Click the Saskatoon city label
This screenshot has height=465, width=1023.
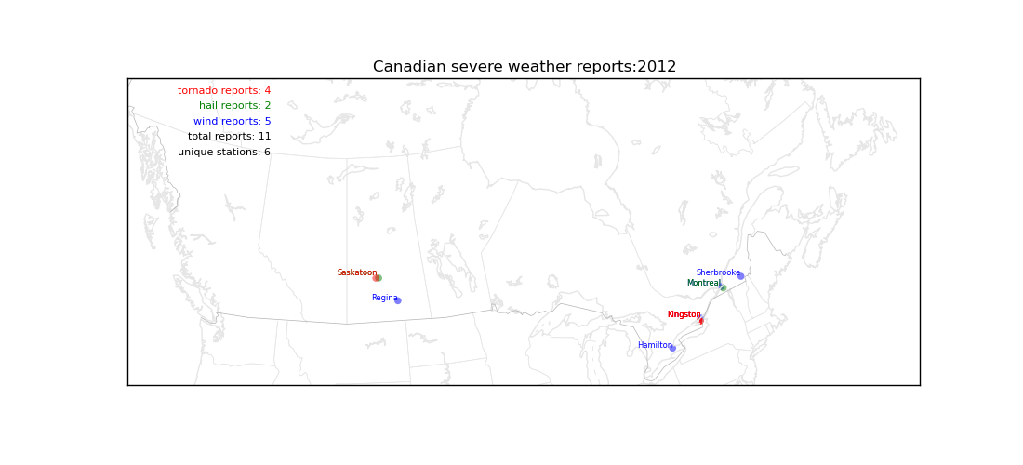click(357, 272)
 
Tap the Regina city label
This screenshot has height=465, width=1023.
click(384, 298)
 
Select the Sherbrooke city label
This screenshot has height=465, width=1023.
click(718, 272)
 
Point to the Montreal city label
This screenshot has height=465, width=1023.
click(703, 283)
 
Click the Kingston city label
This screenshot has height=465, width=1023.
click(684, 314)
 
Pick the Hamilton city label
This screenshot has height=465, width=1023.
click(655, 345)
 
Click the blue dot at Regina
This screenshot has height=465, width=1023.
click(397, 300)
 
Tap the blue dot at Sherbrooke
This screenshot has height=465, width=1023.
click(740, 276)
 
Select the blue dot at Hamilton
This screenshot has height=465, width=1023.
click(672, 348)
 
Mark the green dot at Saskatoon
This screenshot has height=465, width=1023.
click(379, 278)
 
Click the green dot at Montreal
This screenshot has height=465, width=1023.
click(723, 287)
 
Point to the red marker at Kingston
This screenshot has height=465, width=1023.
click(700, 320)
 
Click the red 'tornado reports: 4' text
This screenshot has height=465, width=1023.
click(224, 90)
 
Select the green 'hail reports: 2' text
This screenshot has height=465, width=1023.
click(235, 106)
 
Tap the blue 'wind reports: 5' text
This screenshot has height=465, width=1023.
click(232, 121)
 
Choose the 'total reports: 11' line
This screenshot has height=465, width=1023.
click(229, 137)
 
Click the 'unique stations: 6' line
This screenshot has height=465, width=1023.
click(224, 152)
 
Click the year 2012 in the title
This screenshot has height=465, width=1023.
click(657, 67)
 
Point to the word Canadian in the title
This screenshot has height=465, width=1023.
click(400, 67)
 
